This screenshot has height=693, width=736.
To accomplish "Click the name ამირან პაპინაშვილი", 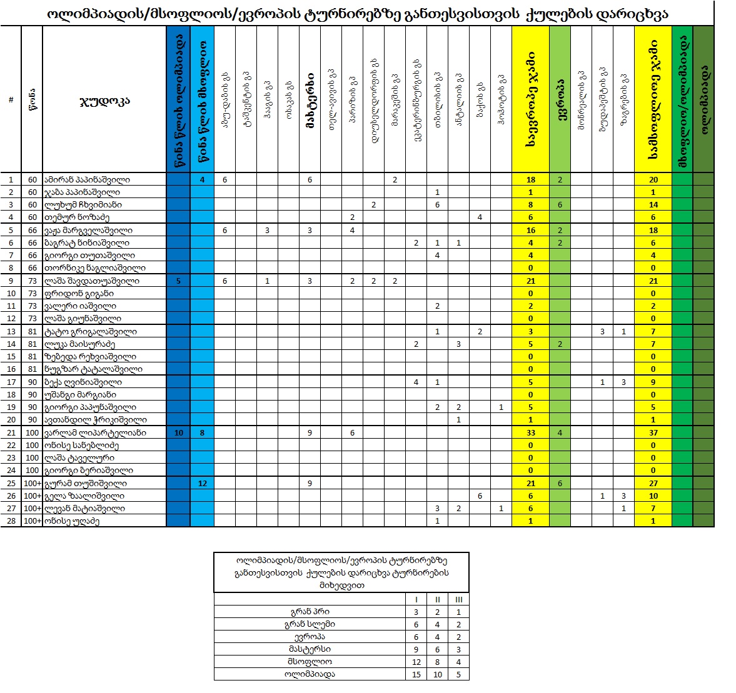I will tap(87, 179).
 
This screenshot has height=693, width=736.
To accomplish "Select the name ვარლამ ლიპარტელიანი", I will tap(95, 432).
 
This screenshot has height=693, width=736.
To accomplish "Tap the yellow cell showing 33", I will tap(530, 432).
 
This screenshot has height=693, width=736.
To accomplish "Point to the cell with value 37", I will tap(653, 432).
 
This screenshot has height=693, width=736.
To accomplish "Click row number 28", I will tap(11, 521).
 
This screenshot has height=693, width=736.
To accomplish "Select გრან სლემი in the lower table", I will tap(310, 624).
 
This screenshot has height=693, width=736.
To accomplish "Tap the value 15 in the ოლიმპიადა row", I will tap(416, 674).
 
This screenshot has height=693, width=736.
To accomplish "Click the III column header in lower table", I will tap(458, 599).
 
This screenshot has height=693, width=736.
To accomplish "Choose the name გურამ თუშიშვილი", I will tap(86, 483).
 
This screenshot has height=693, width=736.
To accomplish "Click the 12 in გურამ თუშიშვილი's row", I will tap(202, 483).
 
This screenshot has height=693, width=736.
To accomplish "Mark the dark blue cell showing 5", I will tap(179, 281).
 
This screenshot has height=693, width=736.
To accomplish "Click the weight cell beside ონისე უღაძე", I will tap(33, 521).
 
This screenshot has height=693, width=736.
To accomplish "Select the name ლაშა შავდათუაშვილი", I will tap(91, 281).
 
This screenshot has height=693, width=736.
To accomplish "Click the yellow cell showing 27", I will tap(653, 483).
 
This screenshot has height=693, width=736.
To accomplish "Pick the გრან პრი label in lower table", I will tap(310, 612).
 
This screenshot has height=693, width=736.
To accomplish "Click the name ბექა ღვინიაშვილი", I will tap(83, 382).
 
